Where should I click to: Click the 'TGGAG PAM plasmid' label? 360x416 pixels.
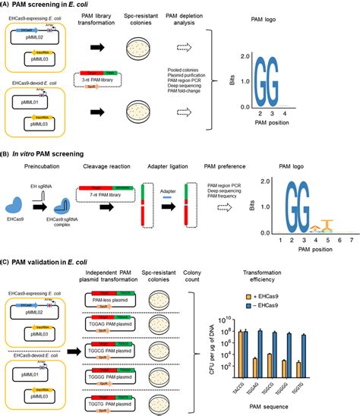[108, 323]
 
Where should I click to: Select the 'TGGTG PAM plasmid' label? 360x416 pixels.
[108, 398]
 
